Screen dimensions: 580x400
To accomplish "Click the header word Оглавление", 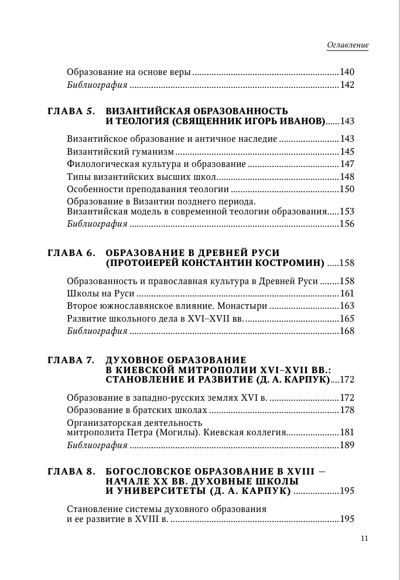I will (347, 45).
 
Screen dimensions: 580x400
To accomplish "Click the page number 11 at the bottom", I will (364, 538).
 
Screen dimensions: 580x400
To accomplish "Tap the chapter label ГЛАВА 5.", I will (70, 111).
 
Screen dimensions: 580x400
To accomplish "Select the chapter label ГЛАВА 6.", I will (70, 253).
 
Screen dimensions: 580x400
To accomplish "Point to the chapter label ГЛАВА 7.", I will (70, 359).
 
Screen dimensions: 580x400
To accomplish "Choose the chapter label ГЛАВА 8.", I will (70, 470).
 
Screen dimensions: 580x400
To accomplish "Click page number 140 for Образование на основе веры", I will (347, 73).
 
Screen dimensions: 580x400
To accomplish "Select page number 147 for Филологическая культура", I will (347, 164).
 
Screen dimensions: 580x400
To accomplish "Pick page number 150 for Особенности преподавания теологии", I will (347, 189).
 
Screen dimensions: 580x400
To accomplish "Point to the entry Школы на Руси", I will (101, 294).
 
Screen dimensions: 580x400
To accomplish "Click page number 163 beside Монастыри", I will (347, 306).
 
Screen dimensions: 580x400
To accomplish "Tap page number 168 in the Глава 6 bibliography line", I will (347, 332).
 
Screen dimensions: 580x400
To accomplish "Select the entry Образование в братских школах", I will (137, 410).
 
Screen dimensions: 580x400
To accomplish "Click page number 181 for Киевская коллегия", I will (347, 432).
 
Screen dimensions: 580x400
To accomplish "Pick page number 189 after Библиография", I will (347, 445).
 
